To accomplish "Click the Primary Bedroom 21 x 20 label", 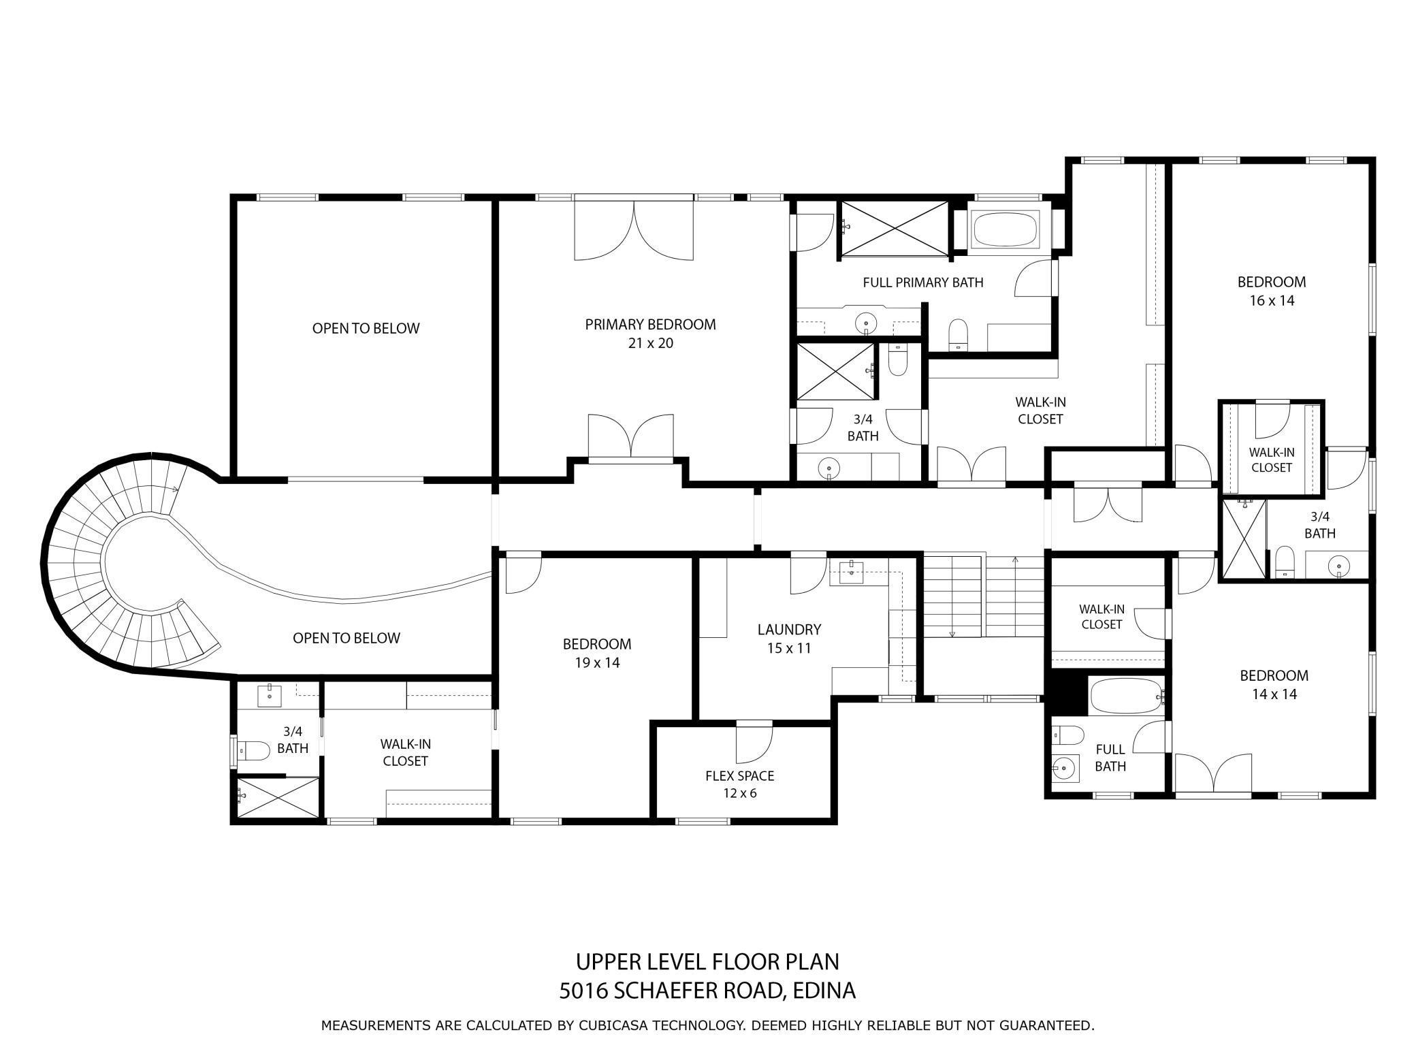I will (650, 334).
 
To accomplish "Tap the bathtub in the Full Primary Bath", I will (1005, 229).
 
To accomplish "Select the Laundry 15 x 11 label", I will (789, 639).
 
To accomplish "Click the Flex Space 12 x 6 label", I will (739, 784).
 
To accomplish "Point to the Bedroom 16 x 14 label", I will (1271, 291).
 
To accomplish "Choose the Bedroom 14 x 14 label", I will (1274, 684).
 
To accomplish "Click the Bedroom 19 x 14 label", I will (596, 653).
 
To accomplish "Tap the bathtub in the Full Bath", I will (1127, 696).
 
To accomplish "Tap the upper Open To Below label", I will (366, 328).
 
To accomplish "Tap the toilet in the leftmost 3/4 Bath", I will (253, 751).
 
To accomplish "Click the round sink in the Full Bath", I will (1063, 769).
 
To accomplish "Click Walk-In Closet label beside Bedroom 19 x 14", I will (405, 752).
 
